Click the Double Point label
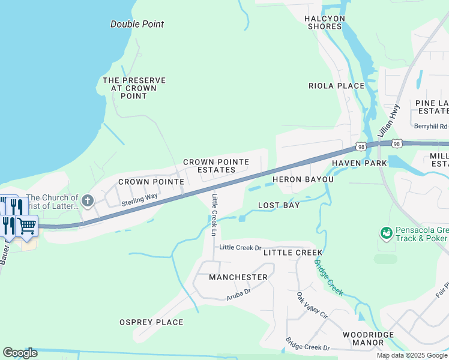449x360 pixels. pyautogui.click(x=137, y=25)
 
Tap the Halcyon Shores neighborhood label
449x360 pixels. pyautogui.click(x=325, y=22)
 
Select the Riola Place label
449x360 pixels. pyautogui.click(x=336, y=86)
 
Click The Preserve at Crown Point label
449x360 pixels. pyautogui.click(x=134, y=88)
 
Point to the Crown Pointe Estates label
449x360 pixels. pyautogui.click(x=209, y=166)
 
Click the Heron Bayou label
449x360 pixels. pyautogui.click(x=303, y=179)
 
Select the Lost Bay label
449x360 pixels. pyautogui.click(x=279, y=205)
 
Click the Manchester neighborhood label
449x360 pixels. pyautogui.click(x=238, y=277)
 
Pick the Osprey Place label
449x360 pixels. pyautogui.click(x=151, y=322)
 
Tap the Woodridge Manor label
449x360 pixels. pyautogui.click(x=368, y=338)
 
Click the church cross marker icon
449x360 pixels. pyautogui.click(x=88, y=200)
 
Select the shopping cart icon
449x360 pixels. pyautogui.click(x=27, y=226)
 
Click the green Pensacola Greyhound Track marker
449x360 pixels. pyautogui.click(x=386, y=232)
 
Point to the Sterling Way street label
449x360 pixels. pyautogui.click(x=139, y=200)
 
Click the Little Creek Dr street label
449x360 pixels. pyautogui.click(x=241, y=247)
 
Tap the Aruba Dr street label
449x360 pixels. pyautogui.click(x=238, y=294)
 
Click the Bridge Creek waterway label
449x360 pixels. pyautogui.click(x=328, y=276)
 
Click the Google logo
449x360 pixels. pyautogui.click(x=20, y=353)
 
